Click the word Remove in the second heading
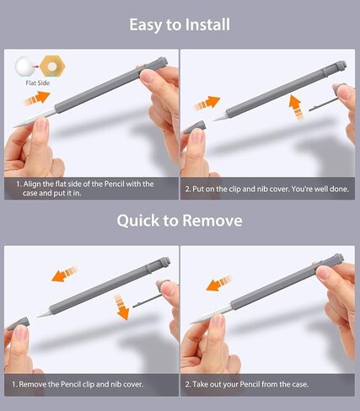click(212, 221)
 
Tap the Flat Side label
click(38, 83)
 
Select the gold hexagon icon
click(52, 67)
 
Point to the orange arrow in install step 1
click(36, 99)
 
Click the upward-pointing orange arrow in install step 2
click(296, 107)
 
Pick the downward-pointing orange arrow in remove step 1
click(121, 307)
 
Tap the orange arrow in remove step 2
click(219, 284)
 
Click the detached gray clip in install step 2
click(323, 105)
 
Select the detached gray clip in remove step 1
click(147, 302)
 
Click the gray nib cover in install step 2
click(194, 127)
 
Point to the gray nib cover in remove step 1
click(18, 324)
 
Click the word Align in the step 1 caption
click(32, 184)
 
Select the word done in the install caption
click(340, 189)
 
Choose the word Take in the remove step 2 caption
click(200, 384)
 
